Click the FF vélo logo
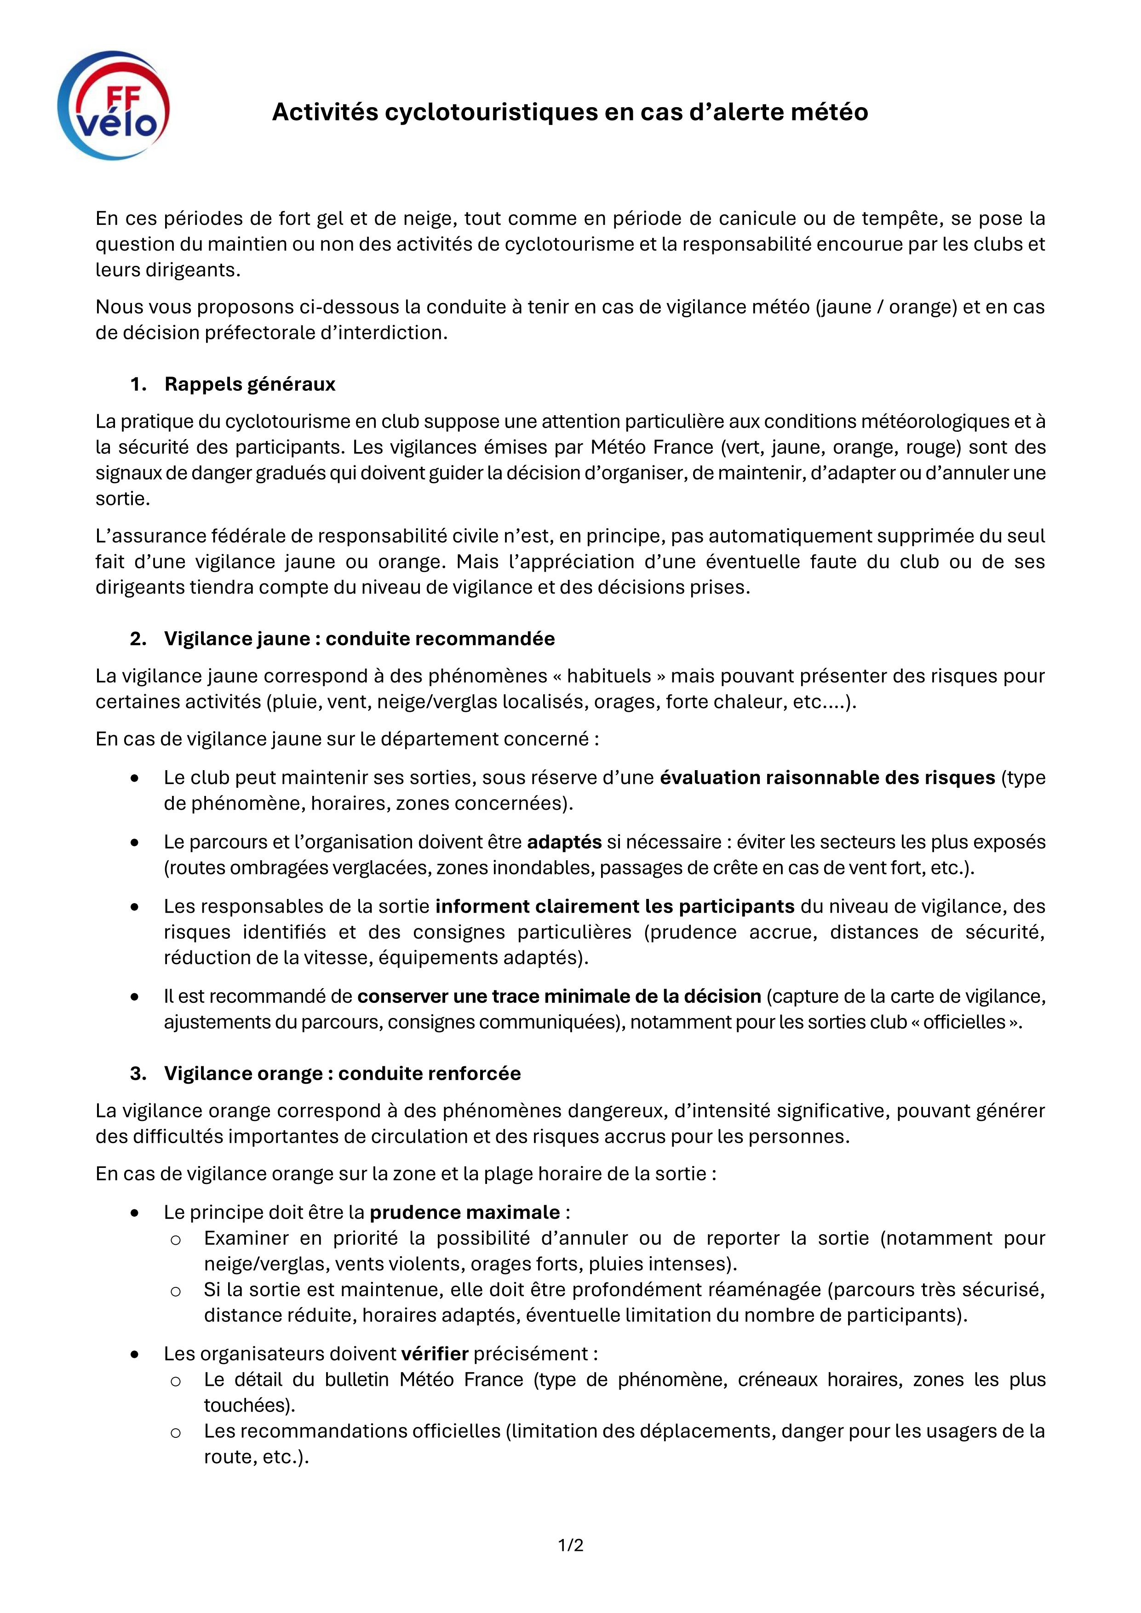click(x=114, y=105)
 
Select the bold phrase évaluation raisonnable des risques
click(x=827, y=777)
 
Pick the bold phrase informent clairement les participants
click(x=615, y=906)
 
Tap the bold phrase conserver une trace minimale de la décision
click(x=559, y=996)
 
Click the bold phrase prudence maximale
click(x=464, y=1212)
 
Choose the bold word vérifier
click(x=434, y=1354)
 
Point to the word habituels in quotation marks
click(x=609, y=676)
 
